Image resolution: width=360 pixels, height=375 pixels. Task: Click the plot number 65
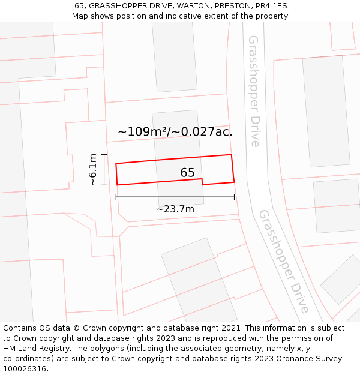(187, 173)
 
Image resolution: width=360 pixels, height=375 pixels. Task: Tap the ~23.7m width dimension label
(175, 209)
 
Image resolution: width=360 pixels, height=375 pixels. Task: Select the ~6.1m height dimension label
(93, 170)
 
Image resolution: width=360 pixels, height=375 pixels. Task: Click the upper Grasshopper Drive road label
(254, 91)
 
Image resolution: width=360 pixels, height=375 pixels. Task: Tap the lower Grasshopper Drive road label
(284, 261)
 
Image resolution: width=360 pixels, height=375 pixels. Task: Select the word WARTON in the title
(179, 6)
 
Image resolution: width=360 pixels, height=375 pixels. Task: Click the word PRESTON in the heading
(223, 6)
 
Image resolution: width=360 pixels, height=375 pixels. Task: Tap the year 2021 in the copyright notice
(232, 328)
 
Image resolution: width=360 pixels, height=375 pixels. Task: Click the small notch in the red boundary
(202, 182)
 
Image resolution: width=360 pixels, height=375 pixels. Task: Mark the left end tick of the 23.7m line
(116, 197)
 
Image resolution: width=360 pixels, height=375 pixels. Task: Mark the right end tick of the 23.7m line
(234, 197)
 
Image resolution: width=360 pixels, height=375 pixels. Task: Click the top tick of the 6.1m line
(104, 155)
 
